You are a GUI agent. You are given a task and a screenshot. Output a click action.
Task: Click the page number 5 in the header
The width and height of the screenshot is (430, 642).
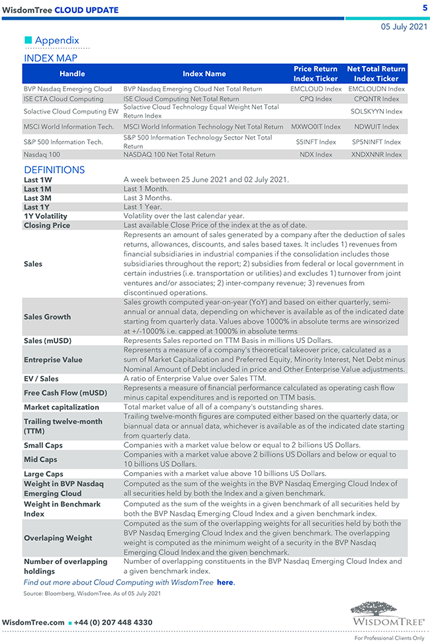(x=425, y=8)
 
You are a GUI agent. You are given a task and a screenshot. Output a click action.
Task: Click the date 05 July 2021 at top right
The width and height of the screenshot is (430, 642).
(x=404, y=27)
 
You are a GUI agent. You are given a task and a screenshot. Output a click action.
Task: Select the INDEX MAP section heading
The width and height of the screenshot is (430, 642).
(x=50, y=58)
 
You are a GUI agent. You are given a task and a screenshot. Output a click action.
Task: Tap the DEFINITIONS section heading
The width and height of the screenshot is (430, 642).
(x=54, y=170)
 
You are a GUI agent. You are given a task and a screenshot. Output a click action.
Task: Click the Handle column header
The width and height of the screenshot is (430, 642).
(x=72, y=73)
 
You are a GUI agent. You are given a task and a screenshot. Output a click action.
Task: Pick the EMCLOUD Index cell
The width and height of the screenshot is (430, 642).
(x=316, y=89)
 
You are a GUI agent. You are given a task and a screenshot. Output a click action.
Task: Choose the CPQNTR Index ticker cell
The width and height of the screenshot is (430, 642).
(x=376, y=99)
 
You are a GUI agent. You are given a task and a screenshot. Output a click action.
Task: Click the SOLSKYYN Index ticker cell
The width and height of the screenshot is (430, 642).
(x=376, y=111)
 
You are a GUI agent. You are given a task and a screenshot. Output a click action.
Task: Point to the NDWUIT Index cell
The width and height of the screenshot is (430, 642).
(x=376, y=126)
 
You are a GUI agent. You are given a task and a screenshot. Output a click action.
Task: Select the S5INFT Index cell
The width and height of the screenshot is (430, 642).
(x=316, y=141)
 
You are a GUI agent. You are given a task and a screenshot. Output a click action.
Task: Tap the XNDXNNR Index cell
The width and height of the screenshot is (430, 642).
(x=376, y=155)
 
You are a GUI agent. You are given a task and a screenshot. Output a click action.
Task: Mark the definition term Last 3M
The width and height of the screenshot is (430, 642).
(x=37, y=198)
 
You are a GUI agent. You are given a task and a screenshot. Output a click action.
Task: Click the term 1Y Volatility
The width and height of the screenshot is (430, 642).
(x=46, y=216)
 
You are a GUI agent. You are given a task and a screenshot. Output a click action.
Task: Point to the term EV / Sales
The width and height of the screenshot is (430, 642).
(x=41, y=379)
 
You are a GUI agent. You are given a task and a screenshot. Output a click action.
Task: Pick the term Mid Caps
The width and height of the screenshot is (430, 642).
(x=40, y=460)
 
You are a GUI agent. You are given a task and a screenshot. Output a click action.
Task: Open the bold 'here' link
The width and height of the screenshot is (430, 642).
(x=225, y=582)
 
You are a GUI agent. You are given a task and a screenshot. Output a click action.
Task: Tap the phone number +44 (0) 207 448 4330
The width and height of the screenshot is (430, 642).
(x=112, y=623)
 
